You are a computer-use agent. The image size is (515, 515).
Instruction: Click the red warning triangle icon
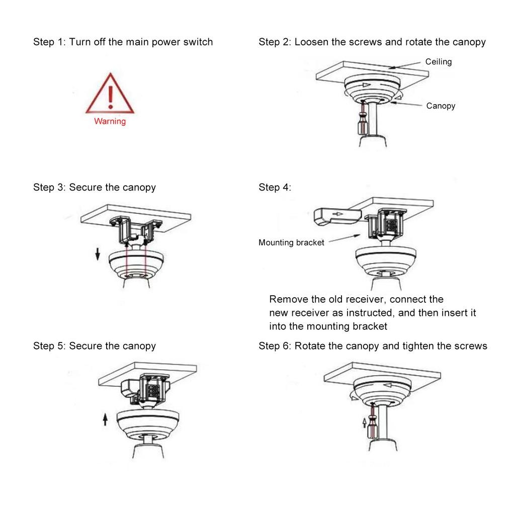click(x=110, y=95)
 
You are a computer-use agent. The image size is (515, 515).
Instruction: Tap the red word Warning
click(x=110, y=121)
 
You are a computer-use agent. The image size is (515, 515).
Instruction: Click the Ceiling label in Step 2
click(x=439, y=62)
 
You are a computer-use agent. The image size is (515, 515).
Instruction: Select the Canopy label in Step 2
click(x=441, y=106)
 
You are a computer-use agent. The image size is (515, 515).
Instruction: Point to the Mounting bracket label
click(x=291, y=242)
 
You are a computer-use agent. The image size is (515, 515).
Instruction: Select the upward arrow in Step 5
click(x=105, y=418)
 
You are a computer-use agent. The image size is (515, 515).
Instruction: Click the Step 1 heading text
click(x=123, y=42)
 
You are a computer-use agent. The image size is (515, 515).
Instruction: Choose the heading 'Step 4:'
click(x=275, y=188)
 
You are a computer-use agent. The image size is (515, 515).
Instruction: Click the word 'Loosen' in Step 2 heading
click(x=312, y=42)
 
